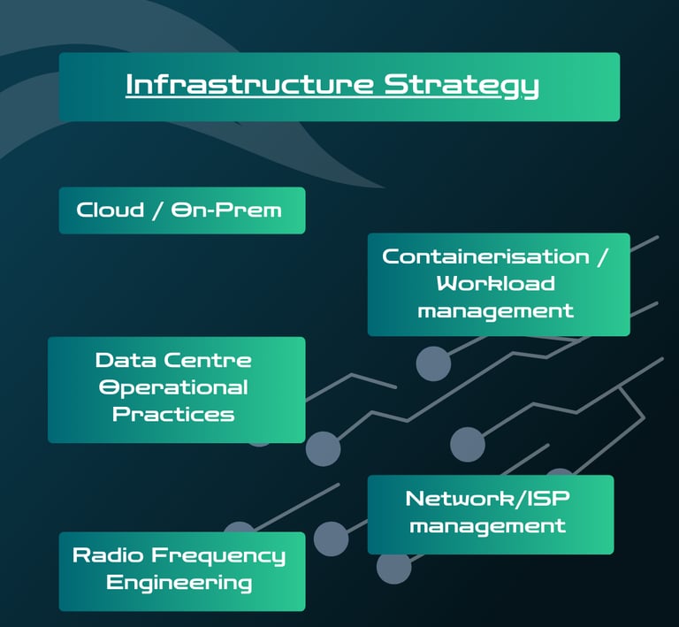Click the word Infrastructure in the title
[x=250, y=85]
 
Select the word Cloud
[x=110, y=210]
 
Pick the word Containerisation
[x=485, y=256]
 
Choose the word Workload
[x=496, y=283]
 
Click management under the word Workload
[x=496, y=310]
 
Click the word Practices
[x=173, y=414]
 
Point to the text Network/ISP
[x=488, y=498]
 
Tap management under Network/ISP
[x=488, y=525]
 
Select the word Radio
[x=107, y=555]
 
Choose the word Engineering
[x=179, y=583]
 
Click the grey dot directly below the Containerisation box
[x=433, y=363]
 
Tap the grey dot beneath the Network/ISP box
[x=393, y=567]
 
